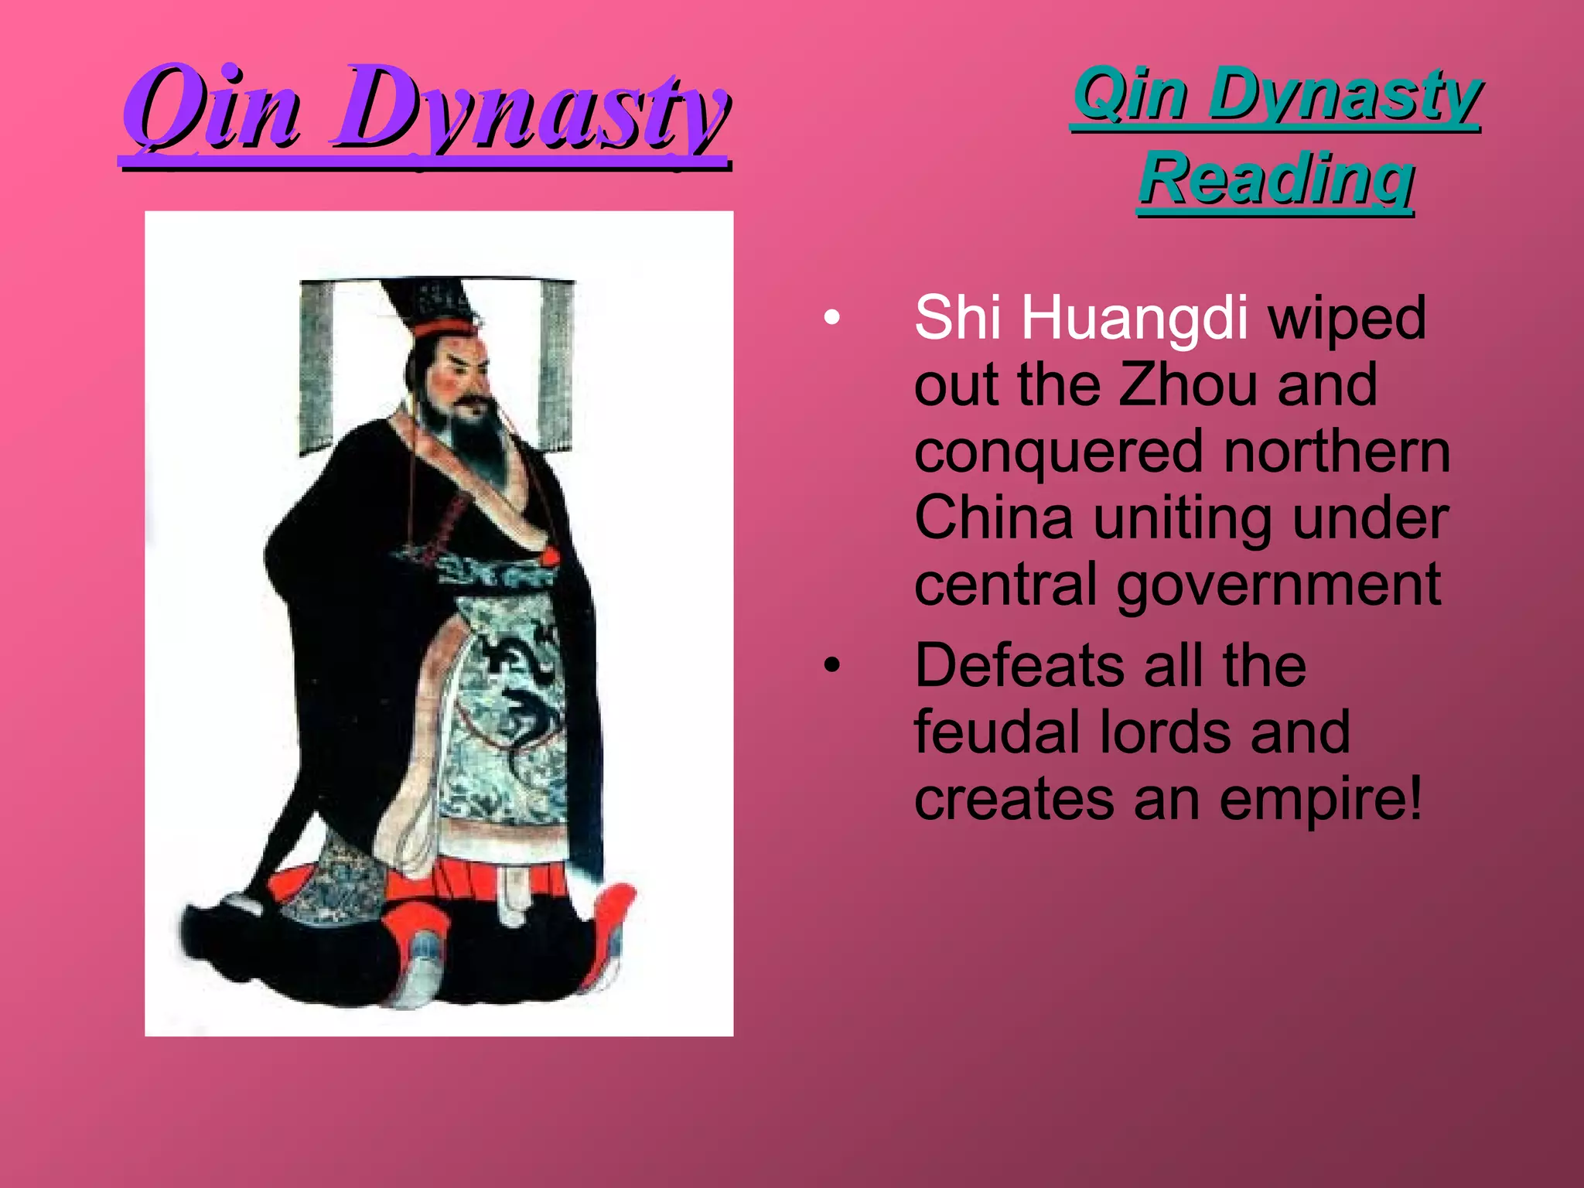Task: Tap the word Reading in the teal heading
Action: (1276, 179)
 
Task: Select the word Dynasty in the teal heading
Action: (1344, 96)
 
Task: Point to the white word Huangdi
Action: (1135, 319)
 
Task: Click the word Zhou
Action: (1188, 384)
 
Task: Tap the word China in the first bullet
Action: (994, 517)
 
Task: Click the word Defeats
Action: (1020, 665)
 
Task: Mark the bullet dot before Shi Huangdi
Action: (831, 318)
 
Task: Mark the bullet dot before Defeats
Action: (831, 665)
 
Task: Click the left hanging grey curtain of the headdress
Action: (316, 367)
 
